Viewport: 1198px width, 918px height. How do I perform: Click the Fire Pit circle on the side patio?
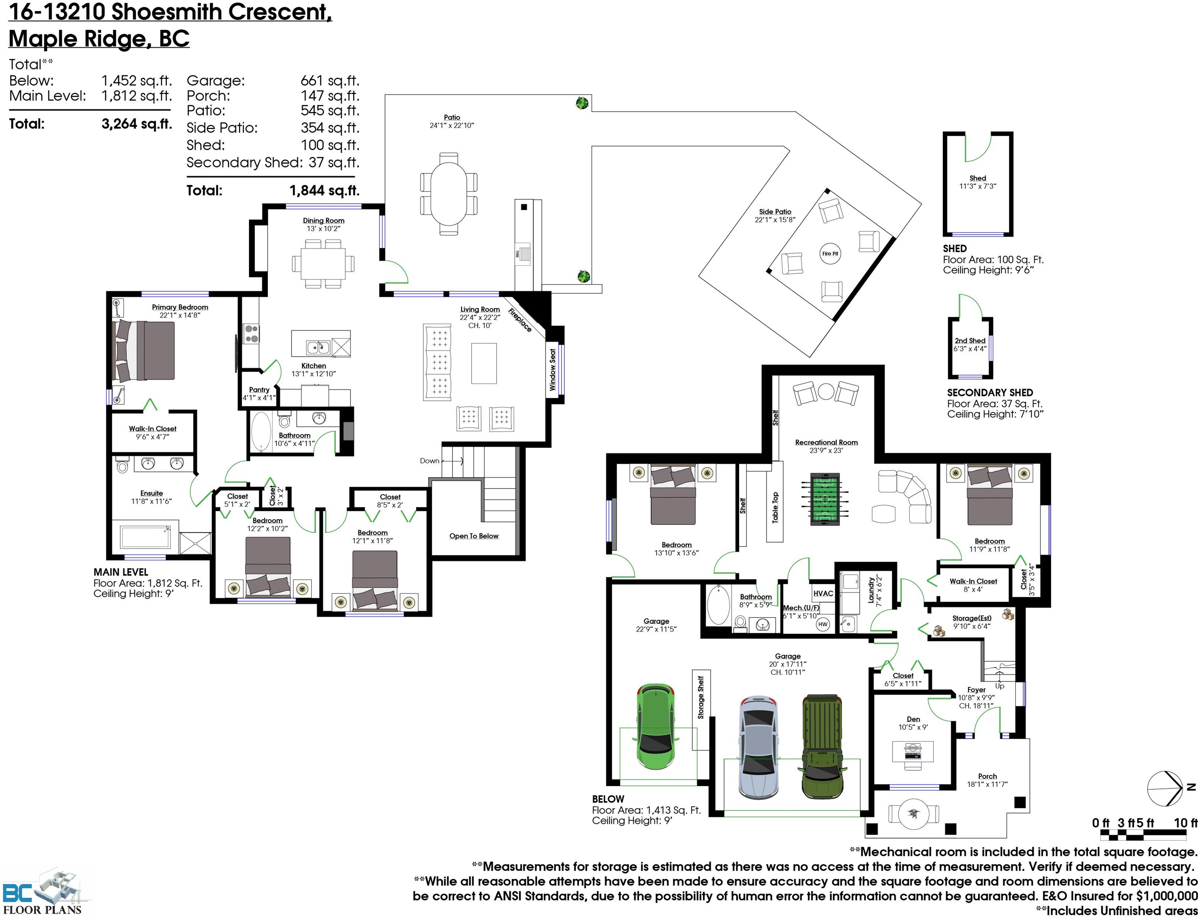click(830, 253)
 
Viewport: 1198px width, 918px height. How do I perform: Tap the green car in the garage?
click(656, 726)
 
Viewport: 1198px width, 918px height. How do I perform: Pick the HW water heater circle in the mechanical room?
click(823, 624)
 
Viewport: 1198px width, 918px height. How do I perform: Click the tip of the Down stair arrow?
click(463, 461)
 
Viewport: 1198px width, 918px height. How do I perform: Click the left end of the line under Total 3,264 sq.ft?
click(9, 110)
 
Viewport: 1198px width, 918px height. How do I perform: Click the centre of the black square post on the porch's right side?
click(1019, 802)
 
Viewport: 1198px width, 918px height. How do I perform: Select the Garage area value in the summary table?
click(329, 81)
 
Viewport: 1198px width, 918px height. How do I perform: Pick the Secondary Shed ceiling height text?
click(995, 414)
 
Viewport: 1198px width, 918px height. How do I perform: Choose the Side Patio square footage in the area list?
click(329, 128)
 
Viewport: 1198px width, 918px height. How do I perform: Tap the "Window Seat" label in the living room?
click(552, 370)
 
